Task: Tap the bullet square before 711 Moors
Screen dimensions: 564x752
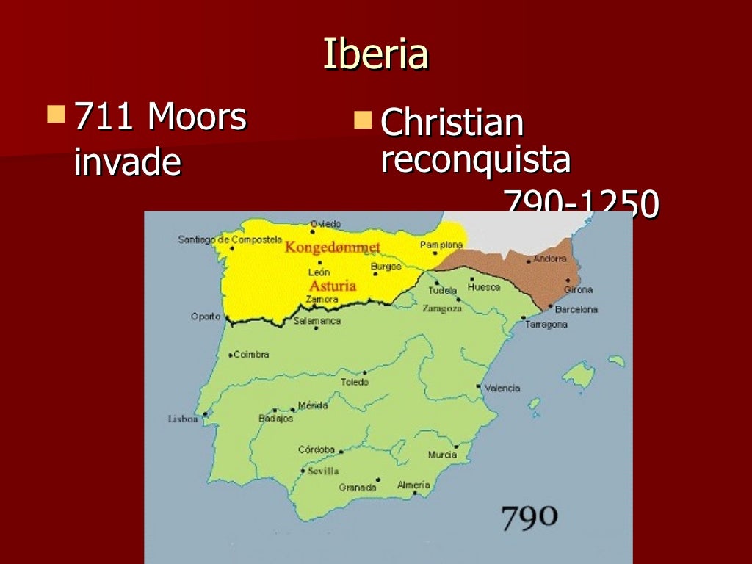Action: click(55, 114)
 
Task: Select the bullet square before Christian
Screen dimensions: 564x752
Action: click(362, 119)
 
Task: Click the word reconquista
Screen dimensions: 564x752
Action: click(475, 159)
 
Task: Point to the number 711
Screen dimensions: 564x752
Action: click(104, 117)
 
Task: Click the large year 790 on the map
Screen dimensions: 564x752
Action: click(529, 518)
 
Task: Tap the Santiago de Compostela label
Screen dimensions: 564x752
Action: click(230, 239)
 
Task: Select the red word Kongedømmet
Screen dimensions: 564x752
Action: click(332, 247)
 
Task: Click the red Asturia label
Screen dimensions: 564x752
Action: click(332, 286)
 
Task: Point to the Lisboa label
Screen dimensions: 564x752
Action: click(183, 419)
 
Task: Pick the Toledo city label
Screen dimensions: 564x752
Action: click(354, 382)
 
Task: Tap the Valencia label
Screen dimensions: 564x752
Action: click(503, 388)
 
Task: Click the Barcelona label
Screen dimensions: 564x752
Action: click(576, 309)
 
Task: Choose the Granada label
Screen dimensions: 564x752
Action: click(357, 487)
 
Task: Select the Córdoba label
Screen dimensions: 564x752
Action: click(316, 449)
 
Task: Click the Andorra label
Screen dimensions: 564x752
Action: click(550, 258)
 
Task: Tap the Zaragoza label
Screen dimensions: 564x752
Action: click(442, 309)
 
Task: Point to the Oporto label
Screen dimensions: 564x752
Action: click(206, 317)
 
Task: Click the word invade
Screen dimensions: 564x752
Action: click(127, 162)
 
